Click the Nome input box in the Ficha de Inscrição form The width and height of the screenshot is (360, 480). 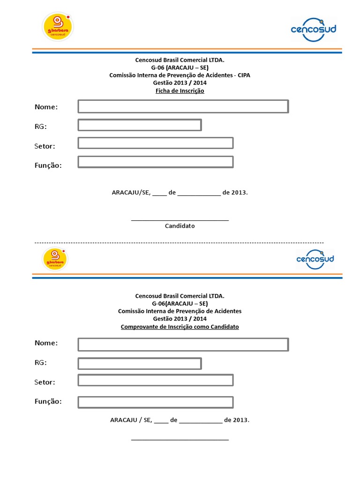pos(183,106)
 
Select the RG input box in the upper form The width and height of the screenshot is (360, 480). pos(140,125)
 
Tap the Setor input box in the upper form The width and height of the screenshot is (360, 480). pos(156,143)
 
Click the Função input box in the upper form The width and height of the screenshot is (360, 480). pos(156,162)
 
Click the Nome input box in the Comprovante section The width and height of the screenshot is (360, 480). pos(183,345)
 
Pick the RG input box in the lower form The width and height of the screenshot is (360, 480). pos(140,363)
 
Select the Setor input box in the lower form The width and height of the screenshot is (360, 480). pos(156,380)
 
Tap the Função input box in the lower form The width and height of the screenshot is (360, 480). pos(156,402)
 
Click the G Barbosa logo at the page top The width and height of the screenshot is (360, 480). pos(58,26)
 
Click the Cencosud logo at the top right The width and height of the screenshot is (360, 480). pos(314,29)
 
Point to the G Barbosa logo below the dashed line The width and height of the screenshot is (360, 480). pos(55,259)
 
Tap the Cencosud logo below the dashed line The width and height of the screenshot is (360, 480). pos(315,259)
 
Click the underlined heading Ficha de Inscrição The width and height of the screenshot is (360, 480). pos(180,91)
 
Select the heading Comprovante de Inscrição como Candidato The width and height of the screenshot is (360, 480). pos(180,327)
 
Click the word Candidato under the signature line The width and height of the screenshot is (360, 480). pos(180,226)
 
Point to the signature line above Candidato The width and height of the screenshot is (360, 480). pos(180,220)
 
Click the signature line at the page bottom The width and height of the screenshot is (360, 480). pos(180,440)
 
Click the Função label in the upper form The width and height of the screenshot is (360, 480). pos(48,165)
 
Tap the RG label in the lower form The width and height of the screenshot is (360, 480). pos(41,362)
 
